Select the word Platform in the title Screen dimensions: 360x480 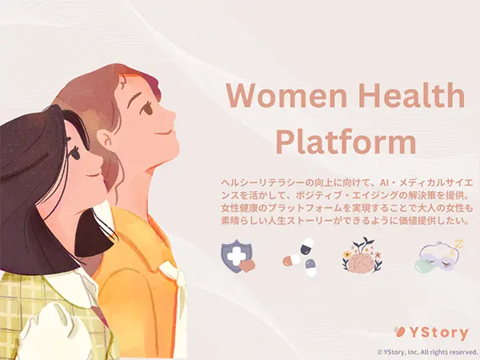point(345,142)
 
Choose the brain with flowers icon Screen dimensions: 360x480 point(361,256)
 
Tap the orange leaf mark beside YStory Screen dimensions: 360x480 point(400,332)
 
